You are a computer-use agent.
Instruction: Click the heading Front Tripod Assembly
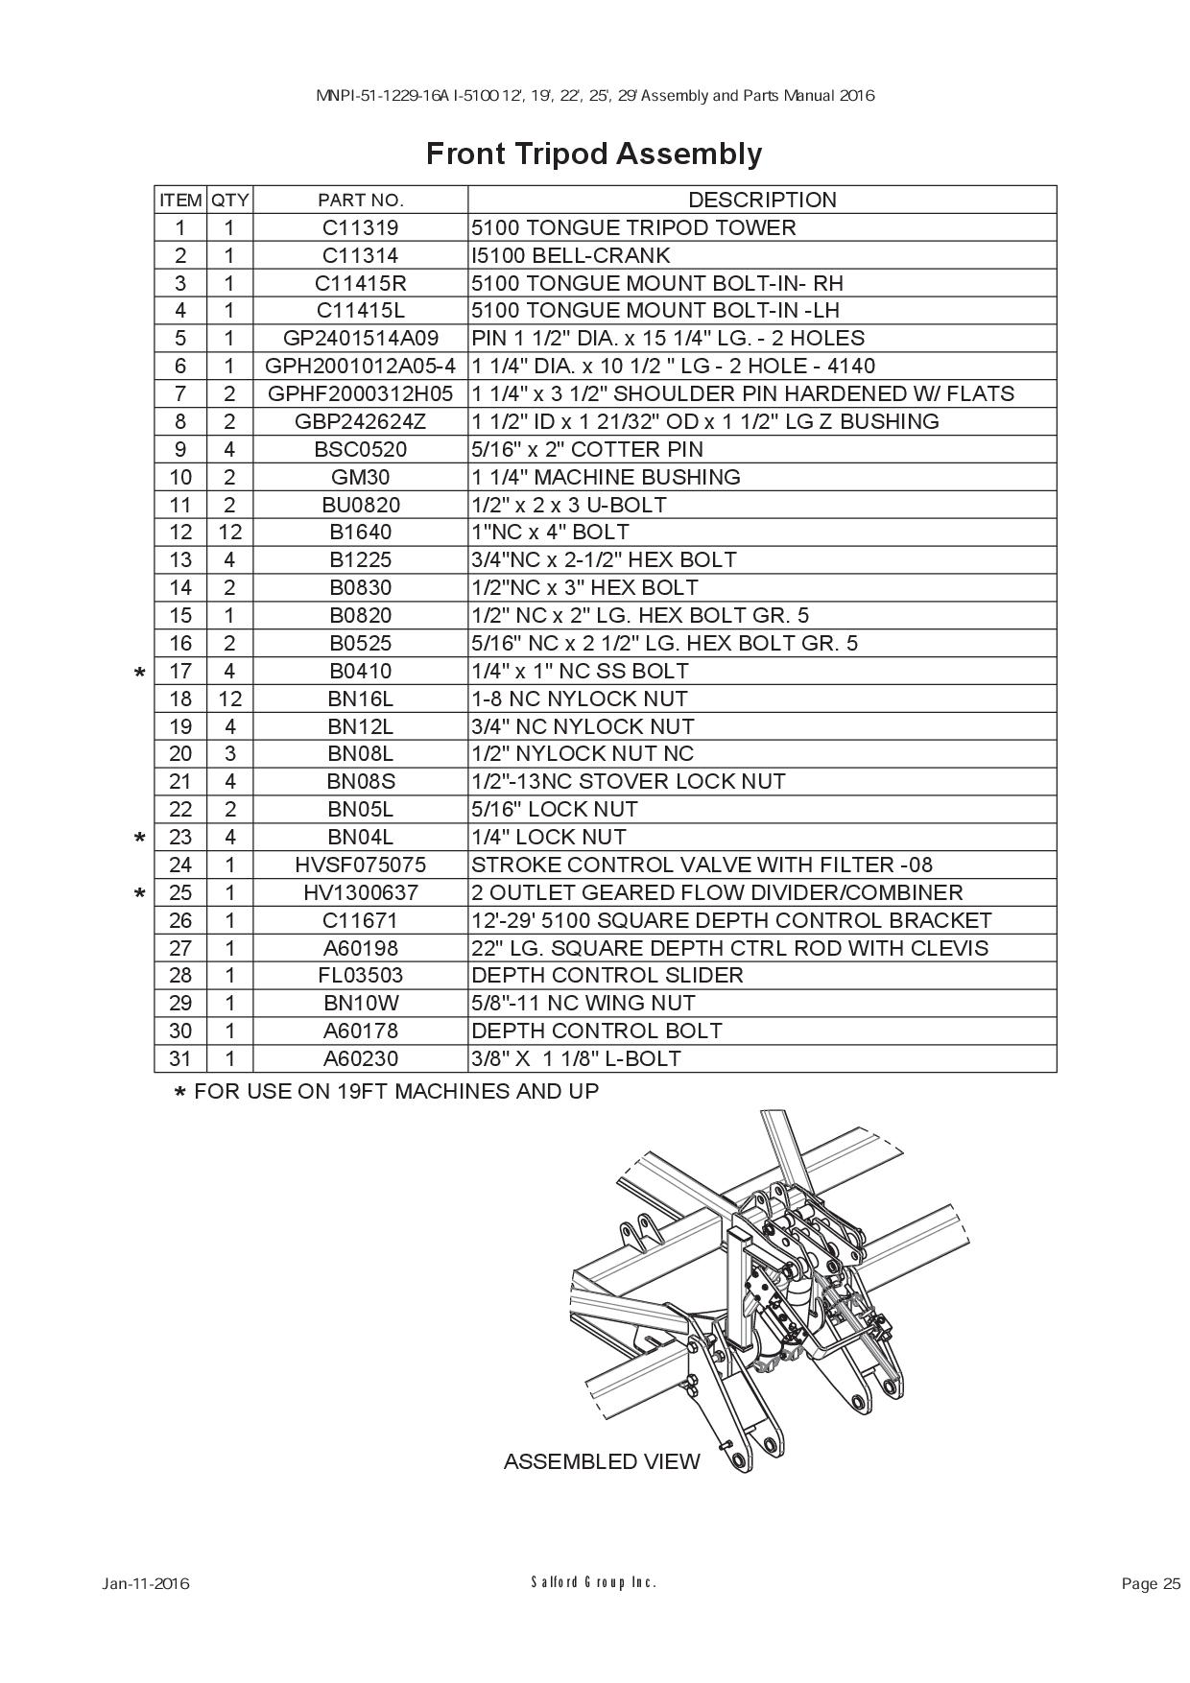(594, 154)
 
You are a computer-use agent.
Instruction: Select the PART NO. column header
(361, 201)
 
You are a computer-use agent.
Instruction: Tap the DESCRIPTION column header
(762, 200)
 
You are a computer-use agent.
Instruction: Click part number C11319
(361, 228)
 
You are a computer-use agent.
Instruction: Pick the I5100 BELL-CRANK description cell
(571, 256)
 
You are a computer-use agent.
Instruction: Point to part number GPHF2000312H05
(361, 394)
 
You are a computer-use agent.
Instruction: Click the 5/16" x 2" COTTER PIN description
(587, 450)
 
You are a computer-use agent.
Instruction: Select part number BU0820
(361, 506)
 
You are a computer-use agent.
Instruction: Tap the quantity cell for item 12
(229, 533)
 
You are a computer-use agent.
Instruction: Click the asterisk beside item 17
(140, 674)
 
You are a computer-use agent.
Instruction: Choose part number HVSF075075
(361, 865)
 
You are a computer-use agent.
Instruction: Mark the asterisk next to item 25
(140, 895)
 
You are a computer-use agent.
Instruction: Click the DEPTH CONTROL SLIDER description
(607, 976)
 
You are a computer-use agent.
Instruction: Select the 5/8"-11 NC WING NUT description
(583, 1004)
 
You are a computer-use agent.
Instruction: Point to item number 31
(180, 1059)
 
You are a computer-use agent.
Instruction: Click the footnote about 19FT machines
(387, 1092)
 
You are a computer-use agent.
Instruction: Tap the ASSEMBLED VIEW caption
(602, 1461)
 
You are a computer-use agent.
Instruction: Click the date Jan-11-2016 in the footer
(146, 1584)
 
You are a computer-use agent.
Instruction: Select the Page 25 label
(1151, 1584)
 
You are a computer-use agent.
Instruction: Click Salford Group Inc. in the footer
(594, 1582)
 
